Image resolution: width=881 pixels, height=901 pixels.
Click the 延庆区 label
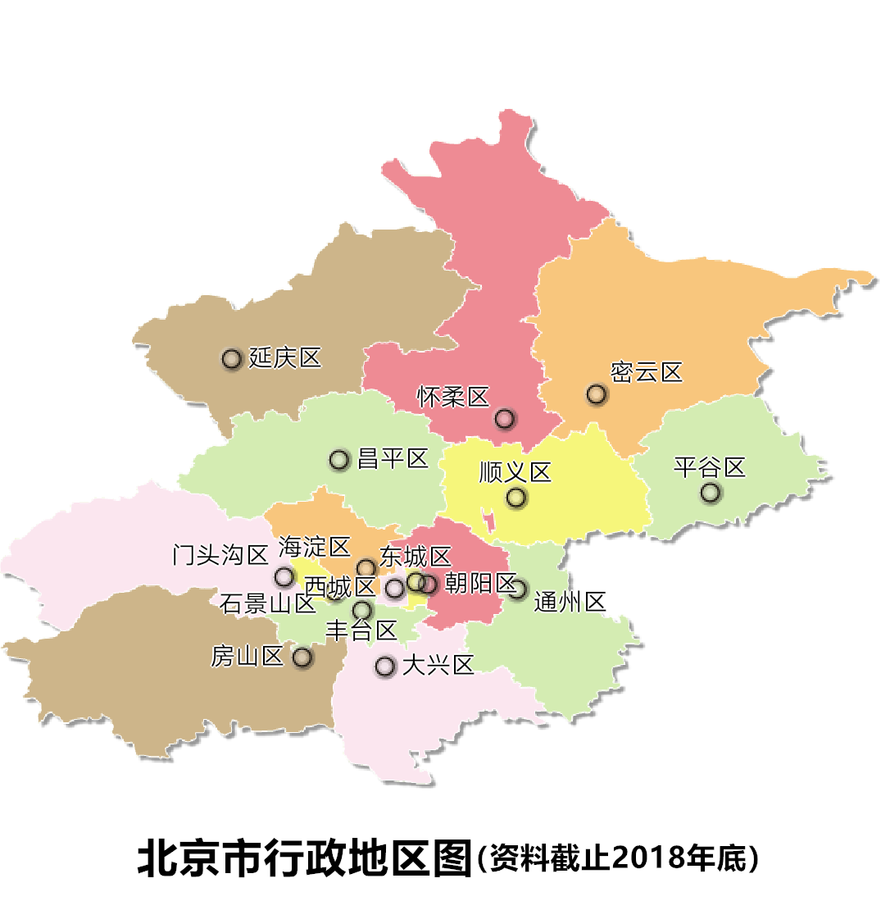click(x=285, y=358)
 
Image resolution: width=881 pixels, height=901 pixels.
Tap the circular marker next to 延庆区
click(x=232, y=358)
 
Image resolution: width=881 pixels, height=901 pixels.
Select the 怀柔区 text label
click(x=452, y=398)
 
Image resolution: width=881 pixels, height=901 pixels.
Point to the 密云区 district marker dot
click(x=596, y=394)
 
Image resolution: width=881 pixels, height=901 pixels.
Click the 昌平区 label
click(x=393, y=459)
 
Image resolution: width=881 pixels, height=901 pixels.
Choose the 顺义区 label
click(x=515, y=473)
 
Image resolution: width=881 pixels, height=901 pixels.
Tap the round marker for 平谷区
click(x=710, y=493)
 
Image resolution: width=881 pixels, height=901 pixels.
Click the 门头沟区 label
click(x=221, y=555)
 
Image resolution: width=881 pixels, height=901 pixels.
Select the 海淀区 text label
click(x=315, y=546)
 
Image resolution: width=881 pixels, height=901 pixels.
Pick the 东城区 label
click(x=416, y=557)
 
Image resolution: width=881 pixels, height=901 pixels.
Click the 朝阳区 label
click(x=479, y=584)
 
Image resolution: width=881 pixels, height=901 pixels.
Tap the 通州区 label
click(x=570, y=603)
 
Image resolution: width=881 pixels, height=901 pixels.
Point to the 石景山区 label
click(x=268, y=604)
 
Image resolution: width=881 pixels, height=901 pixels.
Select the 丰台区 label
click(x=361, y=630)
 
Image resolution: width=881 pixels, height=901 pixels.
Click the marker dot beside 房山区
click(x=302, y=657)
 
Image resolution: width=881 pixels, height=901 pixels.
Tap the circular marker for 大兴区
click(x=385, y=667)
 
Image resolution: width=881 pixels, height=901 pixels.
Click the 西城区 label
click(x=339, y=587)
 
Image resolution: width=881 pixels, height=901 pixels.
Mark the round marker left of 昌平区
click(x=339, y=460)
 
